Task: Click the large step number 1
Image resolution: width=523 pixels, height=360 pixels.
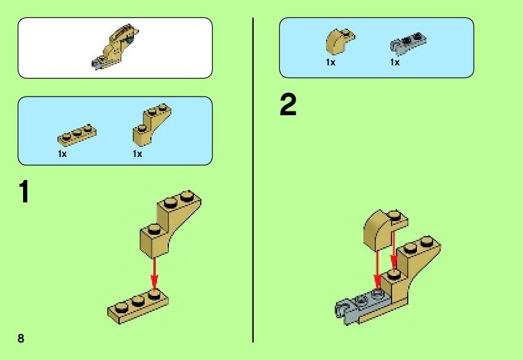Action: pos(24,192)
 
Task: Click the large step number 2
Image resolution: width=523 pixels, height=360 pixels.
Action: pos(288,105)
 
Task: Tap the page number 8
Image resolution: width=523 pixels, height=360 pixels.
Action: pos(21,338)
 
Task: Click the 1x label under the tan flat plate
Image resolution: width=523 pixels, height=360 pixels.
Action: pos(62,154)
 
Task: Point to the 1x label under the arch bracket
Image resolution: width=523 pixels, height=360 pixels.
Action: pos(137,154)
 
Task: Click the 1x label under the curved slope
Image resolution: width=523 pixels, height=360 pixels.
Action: pos(330,62)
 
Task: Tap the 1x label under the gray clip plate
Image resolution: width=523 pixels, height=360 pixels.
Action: pos(395,62)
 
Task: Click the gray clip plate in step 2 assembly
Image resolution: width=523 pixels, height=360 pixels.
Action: pos(358,308)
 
